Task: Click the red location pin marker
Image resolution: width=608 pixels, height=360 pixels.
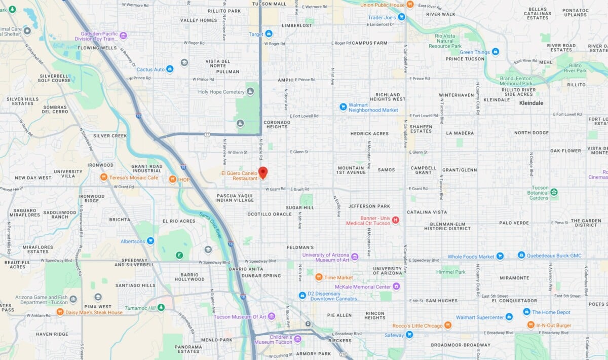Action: click(x=263, y=172)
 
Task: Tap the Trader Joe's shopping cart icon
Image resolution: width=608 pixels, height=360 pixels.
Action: click(x=401, y=17)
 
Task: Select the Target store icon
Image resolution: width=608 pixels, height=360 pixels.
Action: click(x=269, y=34)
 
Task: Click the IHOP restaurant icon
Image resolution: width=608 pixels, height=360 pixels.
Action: click(x=173, y=178)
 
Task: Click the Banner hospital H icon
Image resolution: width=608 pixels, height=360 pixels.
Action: click(x=396, y=220)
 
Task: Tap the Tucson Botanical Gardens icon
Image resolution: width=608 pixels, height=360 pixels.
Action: click(x=554, y=192)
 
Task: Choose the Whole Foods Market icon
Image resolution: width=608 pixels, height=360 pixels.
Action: click(x=500, y=256)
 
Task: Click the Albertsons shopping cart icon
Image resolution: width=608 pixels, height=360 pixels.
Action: click(x=150, y=241)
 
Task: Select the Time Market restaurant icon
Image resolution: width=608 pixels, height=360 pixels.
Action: click(x=319, y=277)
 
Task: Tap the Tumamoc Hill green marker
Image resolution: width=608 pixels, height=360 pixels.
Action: click(x=161, y=307)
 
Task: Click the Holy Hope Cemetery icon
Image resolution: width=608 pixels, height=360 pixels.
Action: click(x=250, y=92)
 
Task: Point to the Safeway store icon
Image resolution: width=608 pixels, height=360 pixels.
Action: click(x=409, y=335)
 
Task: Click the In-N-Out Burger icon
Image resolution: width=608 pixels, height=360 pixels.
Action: click(x=530, y=325)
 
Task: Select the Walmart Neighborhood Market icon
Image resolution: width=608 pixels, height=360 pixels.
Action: click(x=343, y=107)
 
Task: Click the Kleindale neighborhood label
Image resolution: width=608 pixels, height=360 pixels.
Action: click(x=531, y=103)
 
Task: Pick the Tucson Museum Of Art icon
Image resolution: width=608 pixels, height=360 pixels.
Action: click(x=272, y=316)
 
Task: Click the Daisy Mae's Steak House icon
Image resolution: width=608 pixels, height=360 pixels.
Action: click(x=60, y=312)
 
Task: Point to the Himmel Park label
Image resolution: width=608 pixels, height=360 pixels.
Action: click(x=453, y=272)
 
